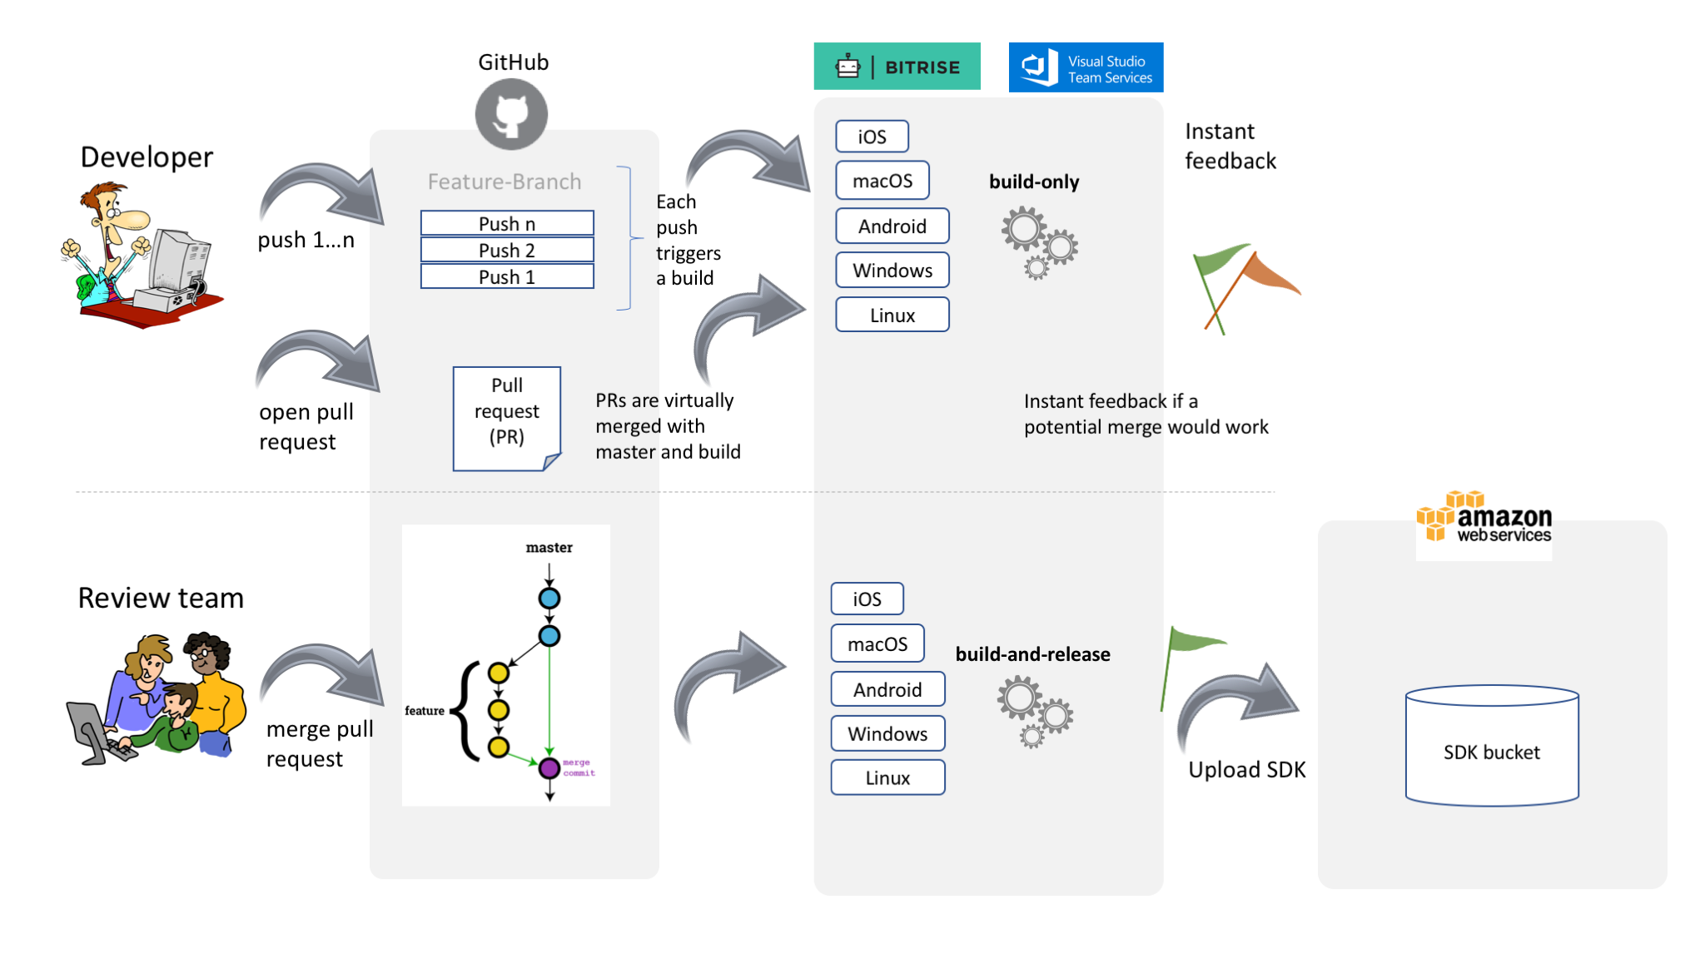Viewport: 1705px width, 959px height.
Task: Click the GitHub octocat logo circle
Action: point(511,115)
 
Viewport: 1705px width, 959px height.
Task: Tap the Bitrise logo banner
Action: point(897,67)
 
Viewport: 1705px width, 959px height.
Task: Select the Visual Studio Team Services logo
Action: point(1085,67)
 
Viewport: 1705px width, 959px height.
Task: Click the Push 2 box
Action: point(507,250)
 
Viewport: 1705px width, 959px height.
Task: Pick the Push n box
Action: point(507,223)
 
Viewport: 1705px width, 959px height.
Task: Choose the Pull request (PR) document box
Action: point(506,418)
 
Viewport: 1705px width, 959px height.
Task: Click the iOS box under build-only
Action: point(872,137)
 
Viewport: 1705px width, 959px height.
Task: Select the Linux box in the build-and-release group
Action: point(887,778)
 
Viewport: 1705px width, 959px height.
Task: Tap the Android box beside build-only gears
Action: point(892,226)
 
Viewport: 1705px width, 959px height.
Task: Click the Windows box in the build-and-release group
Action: point(887,733)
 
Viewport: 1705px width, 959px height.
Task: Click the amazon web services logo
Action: point(1484,519)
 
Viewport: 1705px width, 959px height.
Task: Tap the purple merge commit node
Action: point(549,768)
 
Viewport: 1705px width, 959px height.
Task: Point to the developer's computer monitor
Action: point(176,257)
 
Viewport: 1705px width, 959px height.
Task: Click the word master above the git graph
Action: point(549,548)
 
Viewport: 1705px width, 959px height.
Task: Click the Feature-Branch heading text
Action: point(505,181)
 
